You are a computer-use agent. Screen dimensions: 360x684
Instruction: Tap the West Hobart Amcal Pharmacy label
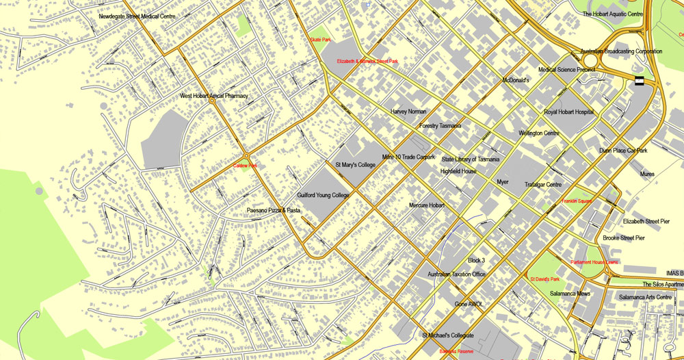213,96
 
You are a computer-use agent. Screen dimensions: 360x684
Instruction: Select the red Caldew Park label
245,166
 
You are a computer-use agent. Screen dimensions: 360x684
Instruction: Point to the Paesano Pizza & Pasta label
274,210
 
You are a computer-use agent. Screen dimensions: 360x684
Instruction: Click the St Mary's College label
355,165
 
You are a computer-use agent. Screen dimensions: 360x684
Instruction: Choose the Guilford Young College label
323,195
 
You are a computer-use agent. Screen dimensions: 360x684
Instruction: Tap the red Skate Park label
320,40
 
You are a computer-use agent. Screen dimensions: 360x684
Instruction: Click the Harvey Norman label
408,111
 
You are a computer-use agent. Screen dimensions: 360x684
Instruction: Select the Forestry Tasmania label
440,126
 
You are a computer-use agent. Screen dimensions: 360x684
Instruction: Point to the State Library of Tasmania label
470,159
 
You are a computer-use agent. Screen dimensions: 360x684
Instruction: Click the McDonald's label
516,80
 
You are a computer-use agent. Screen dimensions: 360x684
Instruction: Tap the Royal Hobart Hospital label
568,112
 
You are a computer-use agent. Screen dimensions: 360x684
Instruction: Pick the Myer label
503,182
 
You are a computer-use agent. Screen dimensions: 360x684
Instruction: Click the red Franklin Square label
577,201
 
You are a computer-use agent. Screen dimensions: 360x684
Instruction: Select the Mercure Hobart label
427,205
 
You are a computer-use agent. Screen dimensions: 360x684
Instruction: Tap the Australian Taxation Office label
456,274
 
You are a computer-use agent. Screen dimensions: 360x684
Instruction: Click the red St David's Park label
544,279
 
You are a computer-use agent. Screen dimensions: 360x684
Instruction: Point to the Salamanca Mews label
570,293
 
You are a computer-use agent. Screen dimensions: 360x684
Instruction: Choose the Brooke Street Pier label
623,237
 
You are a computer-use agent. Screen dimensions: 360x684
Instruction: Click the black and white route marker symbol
640,81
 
